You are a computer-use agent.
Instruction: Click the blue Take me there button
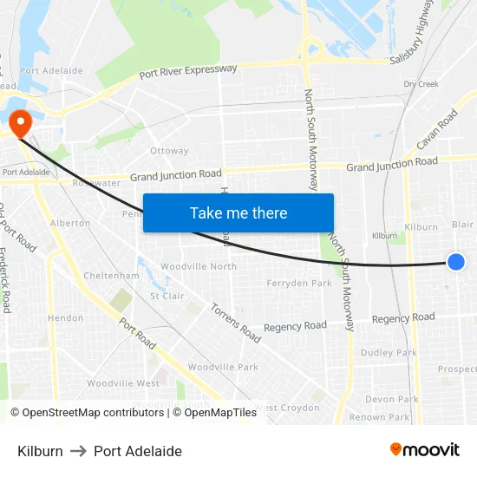pos(238,212)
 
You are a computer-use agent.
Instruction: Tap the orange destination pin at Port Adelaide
pos(18,122)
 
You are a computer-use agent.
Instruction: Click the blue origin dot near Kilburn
pos(456,262)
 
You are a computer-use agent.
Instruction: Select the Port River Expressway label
pos(187,73)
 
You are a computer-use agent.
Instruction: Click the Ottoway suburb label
pos(169,151)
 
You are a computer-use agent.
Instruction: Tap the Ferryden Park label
pos(299,284)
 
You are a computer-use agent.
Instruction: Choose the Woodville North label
pos(199,266)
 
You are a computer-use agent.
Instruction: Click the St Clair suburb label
pos(167,296)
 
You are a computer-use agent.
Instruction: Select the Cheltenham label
pos(111,276)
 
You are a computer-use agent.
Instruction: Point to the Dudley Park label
pos(389,353)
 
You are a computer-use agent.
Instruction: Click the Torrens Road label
pos(235,322)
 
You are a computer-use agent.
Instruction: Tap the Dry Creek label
pos(421,84)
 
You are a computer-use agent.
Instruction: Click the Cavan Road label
pos(436,128)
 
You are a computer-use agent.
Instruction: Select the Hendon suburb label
pos(66,318)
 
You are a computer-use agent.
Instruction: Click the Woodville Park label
pos(223,367)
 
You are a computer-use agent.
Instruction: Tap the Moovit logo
pos(424,449)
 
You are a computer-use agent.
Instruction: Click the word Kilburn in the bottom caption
pos(40,451)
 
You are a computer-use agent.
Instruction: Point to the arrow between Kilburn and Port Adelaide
pos(78,451)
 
